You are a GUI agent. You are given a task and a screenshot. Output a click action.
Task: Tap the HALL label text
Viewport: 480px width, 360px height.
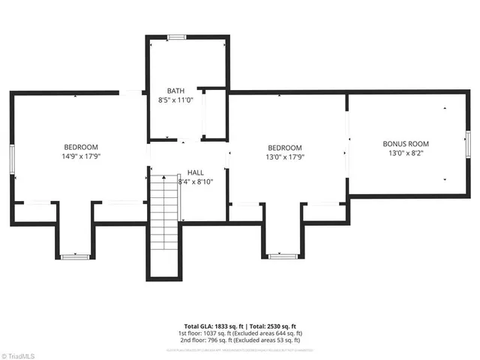[196, 172]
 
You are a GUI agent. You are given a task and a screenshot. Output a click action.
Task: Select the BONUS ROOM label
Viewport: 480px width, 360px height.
[406, 143]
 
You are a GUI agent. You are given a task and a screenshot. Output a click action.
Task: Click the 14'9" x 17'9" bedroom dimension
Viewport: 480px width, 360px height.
[80, 157]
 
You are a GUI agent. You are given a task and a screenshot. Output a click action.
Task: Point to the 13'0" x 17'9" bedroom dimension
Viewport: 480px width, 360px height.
[285, 157]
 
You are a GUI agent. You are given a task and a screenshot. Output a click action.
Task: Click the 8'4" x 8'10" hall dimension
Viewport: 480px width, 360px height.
[196, 181]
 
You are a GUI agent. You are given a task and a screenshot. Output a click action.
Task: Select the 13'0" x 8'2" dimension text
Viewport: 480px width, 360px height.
[406, 153]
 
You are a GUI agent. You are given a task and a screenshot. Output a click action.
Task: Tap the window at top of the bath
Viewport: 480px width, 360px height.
[177, 37]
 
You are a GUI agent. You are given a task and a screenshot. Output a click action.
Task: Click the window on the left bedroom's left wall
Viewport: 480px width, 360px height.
[12, 158]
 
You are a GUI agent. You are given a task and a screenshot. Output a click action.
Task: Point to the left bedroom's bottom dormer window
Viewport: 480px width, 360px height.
[75, 256]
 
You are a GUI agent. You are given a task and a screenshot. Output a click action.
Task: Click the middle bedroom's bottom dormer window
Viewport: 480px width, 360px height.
[282, 256]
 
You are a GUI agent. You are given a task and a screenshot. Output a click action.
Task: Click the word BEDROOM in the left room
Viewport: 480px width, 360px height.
[80, 147]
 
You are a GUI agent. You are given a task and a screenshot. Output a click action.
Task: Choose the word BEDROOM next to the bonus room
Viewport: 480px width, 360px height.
[285, 148]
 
